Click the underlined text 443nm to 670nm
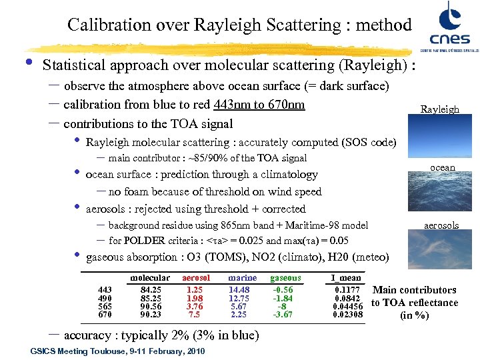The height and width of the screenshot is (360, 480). (259, 105)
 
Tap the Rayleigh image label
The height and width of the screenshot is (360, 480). (439, 109)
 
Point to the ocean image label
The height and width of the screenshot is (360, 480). (443, 167)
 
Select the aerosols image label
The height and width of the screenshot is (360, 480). (442, 225)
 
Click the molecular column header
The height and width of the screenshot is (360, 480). (150, 277)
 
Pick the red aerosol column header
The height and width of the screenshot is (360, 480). (195, 277)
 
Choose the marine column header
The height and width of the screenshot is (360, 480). (242, 277)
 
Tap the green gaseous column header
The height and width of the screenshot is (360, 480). (285, 277)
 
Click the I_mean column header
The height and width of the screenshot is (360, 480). (345, 277)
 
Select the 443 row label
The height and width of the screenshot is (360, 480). (105, 289)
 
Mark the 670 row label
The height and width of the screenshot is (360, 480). (105, 314)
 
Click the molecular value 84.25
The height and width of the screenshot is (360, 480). (151, 289)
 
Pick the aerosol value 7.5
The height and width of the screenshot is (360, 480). (195, 314)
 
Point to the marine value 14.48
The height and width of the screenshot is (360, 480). (239, 289)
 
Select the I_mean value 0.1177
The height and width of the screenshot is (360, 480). (347, 289)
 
